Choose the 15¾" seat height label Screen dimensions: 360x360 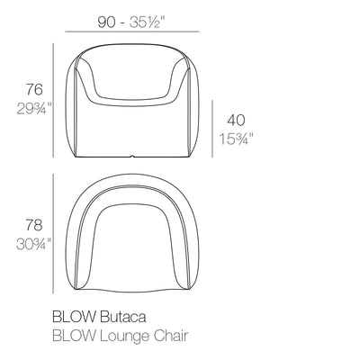(x=236, y=139)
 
